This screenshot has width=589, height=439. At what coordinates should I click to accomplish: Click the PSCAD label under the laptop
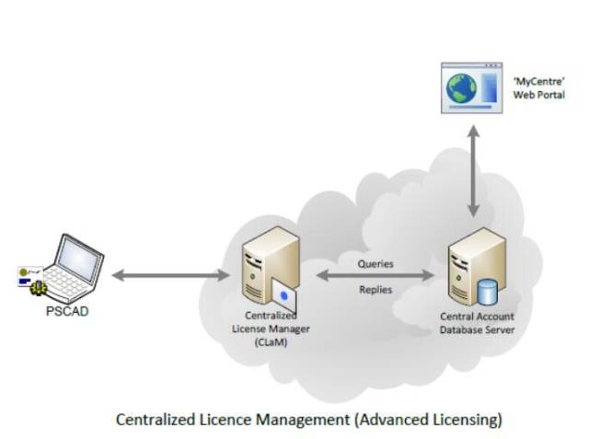point(67,311)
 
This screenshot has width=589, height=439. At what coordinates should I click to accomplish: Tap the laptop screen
point(79,260)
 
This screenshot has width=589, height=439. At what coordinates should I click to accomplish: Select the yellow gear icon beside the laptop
point(39,288)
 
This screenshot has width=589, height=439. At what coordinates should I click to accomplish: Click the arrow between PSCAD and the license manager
point(171,275)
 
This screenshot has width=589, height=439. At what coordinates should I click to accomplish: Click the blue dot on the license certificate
point(284,296)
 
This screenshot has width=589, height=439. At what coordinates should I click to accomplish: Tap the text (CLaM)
point(271,342)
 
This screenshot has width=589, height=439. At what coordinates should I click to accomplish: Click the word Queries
point(375,264)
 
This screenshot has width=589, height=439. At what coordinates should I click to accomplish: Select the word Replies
point(375,290)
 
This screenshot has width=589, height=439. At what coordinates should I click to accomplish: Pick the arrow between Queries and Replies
point(375,275)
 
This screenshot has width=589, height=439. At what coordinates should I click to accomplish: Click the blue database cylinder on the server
point(487,292)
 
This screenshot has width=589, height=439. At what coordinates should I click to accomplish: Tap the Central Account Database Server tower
point(477,267)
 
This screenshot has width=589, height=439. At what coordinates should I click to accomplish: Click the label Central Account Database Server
point(477,323)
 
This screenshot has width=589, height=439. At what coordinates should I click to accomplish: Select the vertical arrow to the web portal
point(474,171)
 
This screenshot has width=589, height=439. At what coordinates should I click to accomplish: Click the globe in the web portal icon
point(462,88)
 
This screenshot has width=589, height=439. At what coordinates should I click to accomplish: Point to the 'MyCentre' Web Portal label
point(539,87)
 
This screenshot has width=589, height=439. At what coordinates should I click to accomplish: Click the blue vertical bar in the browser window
point(489,87)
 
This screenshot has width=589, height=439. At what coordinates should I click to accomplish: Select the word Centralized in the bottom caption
point(156,420)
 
